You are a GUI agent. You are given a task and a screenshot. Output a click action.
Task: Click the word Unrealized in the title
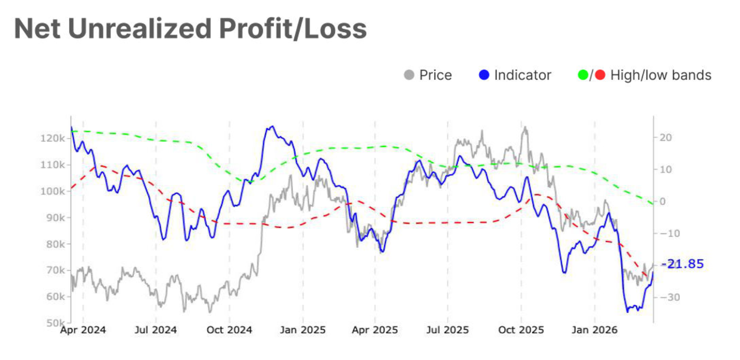[140, 29]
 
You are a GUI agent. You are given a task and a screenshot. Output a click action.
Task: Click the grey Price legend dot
[409, 75]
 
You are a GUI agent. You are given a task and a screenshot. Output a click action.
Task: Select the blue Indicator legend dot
[484, 75]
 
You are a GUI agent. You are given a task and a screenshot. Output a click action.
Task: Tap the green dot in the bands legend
[583, 75]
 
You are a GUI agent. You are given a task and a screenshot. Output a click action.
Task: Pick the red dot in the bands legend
[600, 75]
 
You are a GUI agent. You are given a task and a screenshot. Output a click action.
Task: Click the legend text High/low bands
[660, 75]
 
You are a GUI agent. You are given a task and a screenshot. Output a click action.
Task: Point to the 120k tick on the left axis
[53, 138]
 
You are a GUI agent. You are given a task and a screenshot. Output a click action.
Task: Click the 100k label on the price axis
[53, 191]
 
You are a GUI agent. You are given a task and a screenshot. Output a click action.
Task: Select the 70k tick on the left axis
[55, 270]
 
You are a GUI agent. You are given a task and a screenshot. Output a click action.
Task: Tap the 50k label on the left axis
[55, 322]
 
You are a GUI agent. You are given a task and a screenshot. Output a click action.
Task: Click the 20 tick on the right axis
[666, 138]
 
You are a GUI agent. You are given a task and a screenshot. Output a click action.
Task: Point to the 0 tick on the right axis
[663, 201]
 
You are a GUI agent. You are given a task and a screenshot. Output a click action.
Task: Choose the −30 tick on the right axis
[670, 297]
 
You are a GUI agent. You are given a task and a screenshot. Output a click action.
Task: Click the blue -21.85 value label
[683, 264]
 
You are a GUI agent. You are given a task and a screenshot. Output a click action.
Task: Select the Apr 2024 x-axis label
[83, 330]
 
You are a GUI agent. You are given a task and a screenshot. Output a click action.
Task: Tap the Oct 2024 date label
[229, 330]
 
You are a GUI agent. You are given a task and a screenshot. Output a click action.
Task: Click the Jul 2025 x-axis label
[447, 330]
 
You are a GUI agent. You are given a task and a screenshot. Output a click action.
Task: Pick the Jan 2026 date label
[594, 330]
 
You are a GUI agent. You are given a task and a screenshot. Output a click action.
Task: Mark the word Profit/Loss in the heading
[293, 29]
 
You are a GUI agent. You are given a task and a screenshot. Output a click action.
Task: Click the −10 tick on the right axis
[670, 233]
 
